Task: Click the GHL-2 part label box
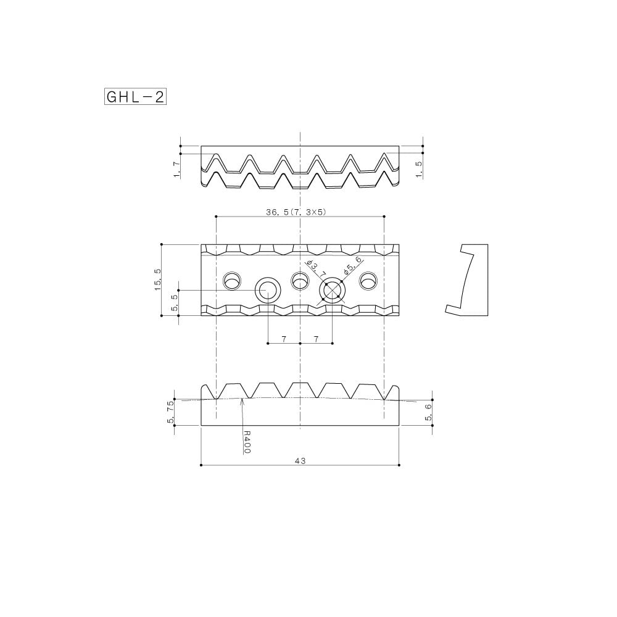(x=135, y=97)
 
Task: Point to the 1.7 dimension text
(x=177, y=170)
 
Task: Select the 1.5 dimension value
(x=419, y=170)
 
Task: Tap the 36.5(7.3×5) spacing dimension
(x=296, y=212)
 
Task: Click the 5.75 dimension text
(x=171, y=412)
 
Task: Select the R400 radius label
(x=247, y=442)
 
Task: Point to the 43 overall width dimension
(x=300, y=460)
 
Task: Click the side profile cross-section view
(x=467, y=280)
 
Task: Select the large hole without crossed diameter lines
(x=268, y=289)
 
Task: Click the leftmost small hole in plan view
(x=233, y=281)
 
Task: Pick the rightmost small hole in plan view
(x=368, y=281)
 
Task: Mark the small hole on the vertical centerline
(x=300, y=281)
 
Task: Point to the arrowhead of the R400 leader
(x=244, y=400)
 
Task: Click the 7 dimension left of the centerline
(x=284, y=339)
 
